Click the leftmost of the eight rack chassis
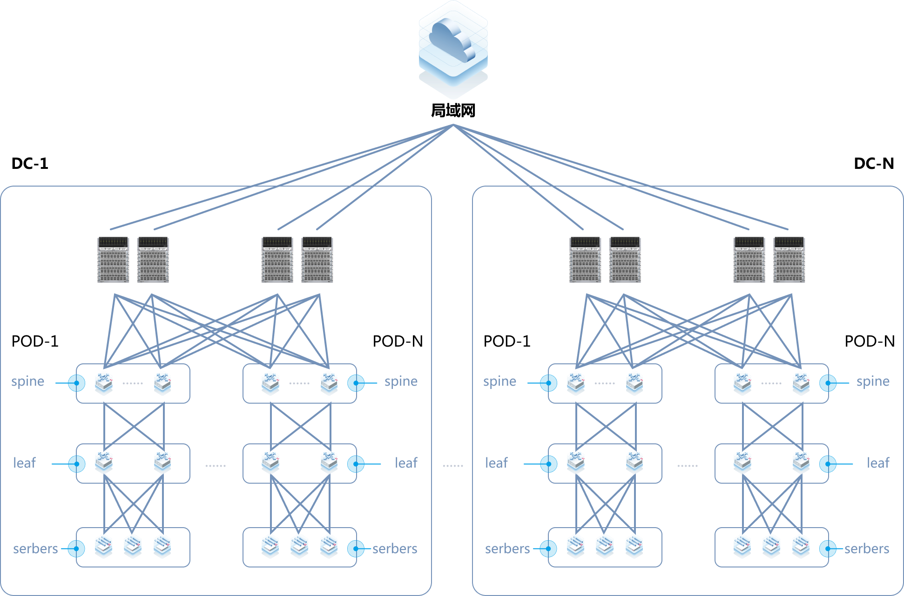[113, 260]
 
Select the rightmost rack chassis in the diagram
[789, 260]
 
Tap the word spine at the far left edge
[28, 382]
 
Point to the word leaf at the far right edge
[878, 463]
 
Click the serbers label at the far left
[35, 549]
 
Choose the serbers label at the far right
[867, 549]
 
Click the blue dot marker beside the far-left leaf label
[77, 464]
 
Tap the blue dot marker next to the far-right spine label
[828, 383]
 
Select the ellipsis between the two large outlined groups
[453, 465]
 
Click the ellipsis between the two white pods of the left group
[216, 465]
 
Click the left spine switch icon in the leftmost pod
[104, 383]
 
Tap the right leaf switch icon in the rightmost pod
[801, 462]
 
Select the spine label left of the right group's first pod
[499, 382]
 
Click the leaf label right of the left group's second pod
[406, 463]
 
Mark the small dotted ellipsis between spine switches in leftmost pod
[133, 383]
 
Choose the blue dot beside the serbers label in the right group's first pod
[548, 549]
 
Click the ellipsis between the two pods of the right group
[688, 465]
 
